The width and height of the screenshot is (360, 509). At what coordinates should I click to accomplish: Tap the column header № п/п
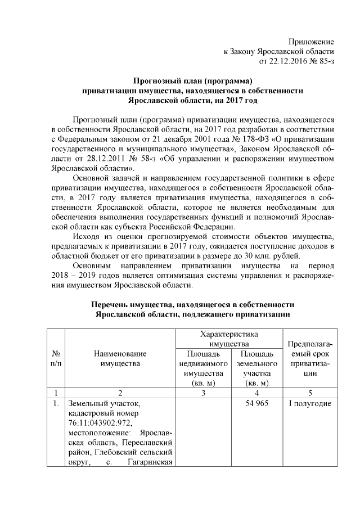pyautogui.click(x=56, y=359)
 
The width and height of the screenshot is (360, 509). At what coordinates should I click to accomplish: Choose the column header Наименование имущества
pyautogui.click(x=120, y=359)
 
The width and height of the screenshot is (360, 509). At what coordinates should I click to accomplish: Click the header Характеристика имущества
pyautogui.click(x=229, y=339)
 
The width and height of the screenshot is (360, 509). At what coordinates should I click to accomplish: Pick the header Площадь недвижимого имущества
pyautogui.click(x=201, y=368)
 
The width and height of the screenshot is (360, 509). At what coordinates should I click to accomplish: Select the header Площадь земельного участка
pyautogui.click(x=256, y=368)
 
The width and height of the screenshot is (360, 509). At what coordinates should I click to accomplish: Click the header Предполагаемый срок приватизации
pyautogui.click(x=310, y=359)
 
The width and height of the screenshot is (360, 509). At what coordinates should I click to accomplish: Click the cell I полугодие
pyautogui.click(x=310, y=403)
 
